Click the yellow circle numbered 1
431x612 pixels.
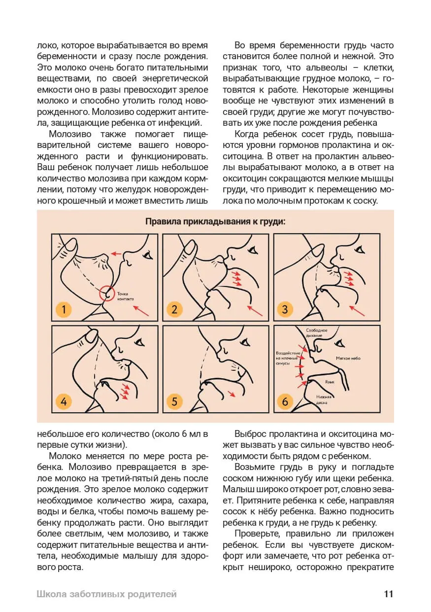click(63, 310)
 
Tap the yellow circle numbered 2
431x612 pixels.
click(174, 310)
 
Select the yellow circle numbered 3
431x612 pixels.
click(285, 310)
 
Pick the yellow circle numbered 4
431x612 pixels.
click(63, 401)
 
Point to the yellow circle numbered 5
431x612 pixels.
click(174, 401)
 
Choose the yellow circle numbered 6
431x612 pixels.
click(285, 401)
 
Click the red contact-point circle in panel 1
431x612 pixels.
click(107, 293)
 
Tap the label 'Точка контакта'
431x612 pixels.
click(125, 296)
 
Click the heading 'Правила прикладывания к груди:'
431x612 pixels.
click(215, 221)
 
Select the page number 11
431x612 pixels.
click(389, 594)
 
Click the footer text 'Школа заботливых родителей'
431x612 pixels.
click(106, 594)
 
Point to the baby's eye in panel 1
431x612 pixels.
click(147, 254)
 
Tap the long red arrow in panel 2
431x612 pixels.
click(255, 310)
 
